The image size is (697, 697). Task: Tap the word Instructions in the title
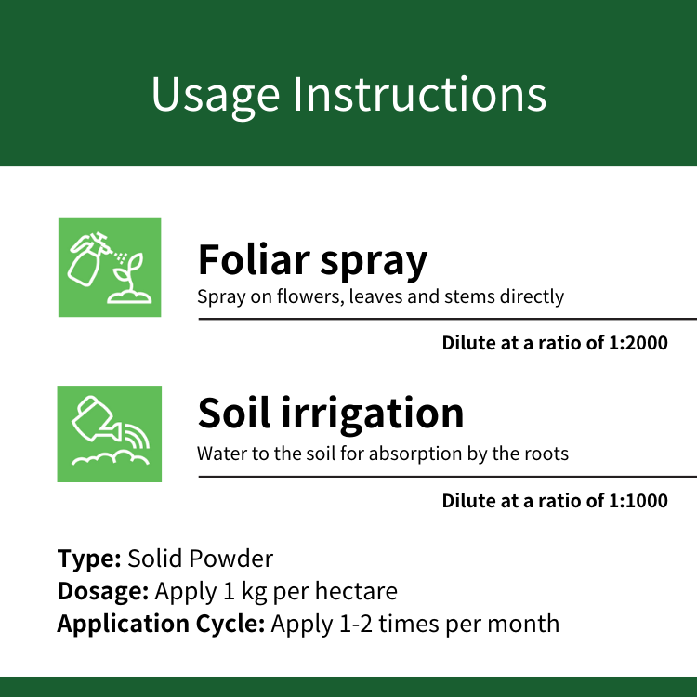tap(420, 93)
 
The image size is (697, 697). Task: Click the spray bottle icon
tap(88, 258)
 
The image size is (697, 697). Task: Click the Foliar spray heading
tap(312, 261)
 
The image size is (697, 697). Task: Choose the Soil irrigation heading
tap(331, 414)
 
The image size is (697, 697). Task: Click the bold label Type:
tap(89, 559)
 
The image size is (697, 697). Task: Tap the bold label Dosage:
tap(103, 592)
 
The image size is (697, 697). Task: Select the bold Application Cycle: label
tap(161, 625)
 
